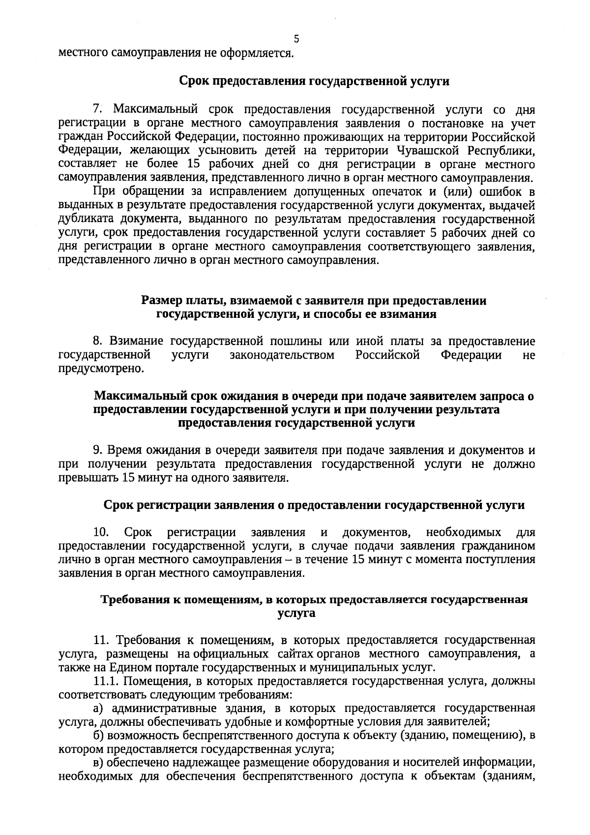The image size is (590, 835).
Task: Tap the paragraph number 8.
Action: [x=97, y=341]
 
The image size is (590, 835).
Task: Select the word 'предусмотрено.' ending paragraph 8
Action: [x=101, y=369]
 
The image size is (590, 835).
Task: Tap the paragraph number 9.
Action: [x=97, y=450]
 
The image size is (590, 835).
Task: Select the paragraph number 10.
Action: [x=100, y=532]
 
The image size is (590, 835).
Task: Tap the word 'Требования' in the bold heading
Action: [x=130, y=600]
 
